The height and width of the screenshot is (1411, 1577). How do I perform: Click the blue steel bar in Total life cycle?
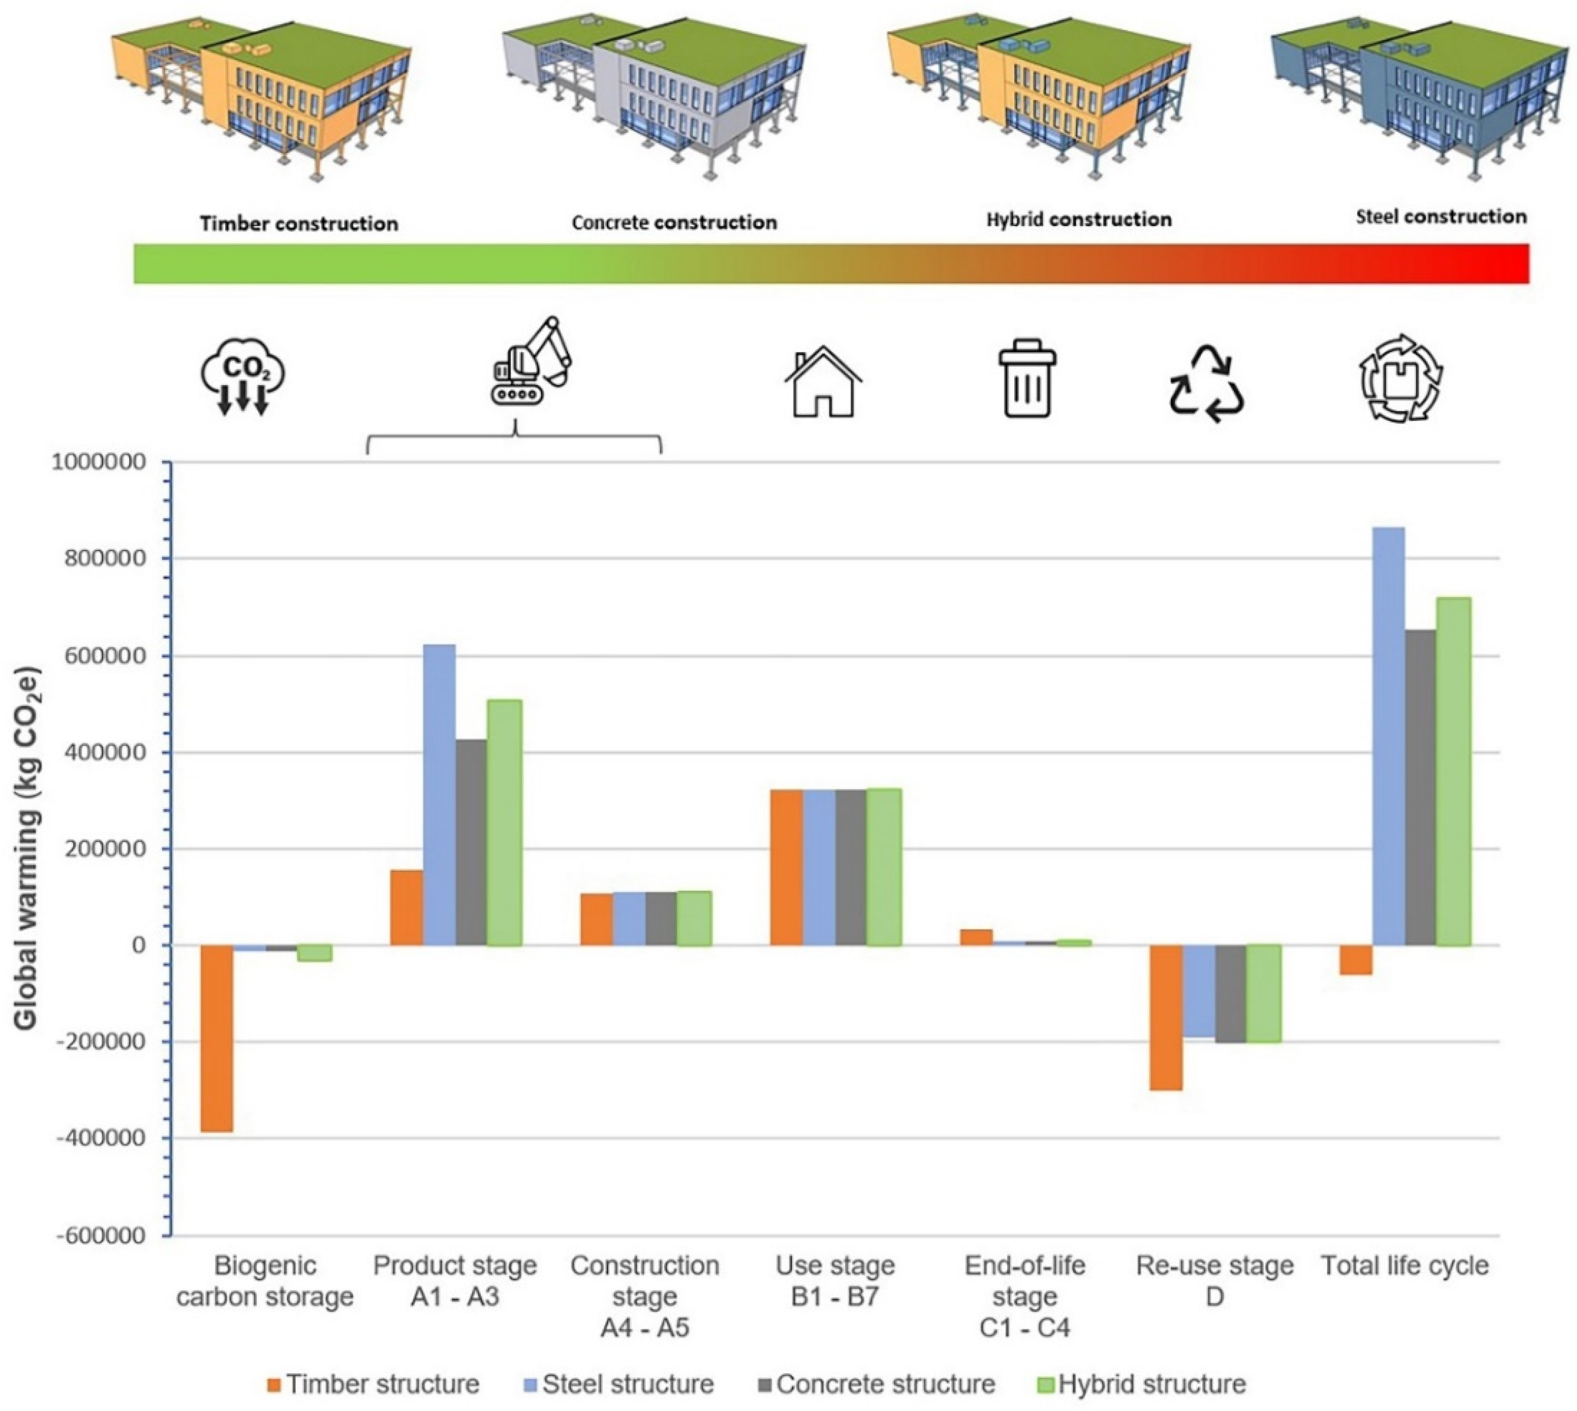pyautogui.click(x=1387, y=737)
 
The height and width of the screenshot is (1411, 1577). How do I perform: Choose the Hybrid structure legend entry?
pyautogui.click(x=1141, y=1384)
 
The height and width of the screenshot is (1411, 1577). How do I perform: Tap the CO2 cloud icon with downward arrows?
pyautogui.click(x=243, y=376)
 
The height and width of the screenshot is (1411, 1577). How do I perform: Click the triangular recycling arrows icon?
pyautogui.click(x=1207, y=384)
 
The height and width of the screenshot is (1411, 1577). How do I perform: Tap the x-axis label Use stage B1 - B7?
pyautogui.click(x=835, y=1280)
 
